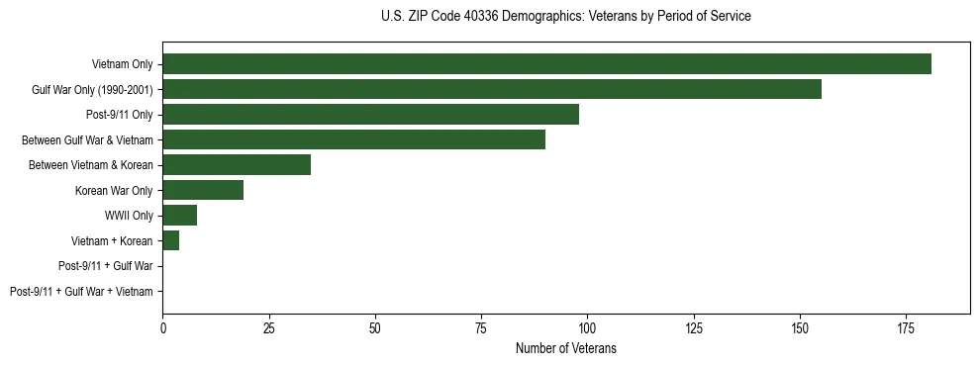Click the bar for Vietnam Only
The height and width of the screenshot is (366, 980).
tap(546, 64)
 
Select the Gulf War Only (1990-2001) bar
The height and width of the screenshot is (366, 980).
tap(492, 89)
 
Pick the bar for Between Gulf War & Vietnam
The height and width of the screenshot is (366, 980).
tap(353, 139)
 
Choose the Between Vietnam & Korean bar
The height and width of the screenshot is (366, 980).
tap(237, 165)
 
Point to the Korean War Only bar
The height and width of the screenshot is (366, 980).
tap(203, 190)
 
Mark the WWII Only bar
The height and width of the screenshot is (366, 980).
tap(179, 216)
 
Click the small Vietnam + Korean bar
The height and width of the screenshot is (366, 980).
tap(170, 240)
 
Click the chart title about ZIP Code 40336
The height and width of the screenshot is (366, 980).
tap(565, 17)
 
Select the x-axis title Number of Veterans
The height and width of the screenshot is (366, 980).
tap(565, 348)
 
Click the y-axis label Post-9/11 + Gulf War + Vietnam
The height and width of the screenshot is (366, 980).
tap(81, 292)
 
